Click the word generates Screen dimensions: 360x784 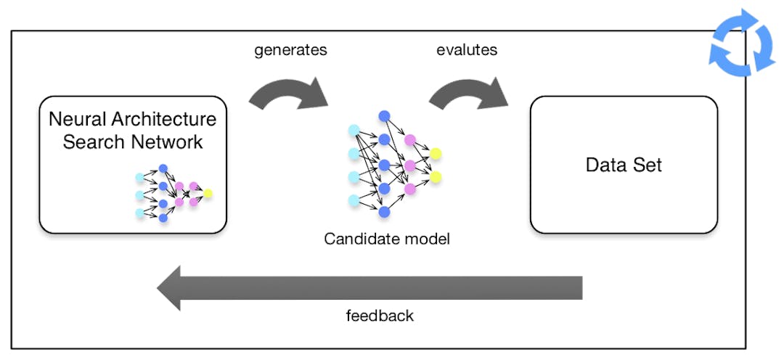(290, 52)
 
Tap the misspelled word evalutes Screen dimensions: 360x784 (467, 52)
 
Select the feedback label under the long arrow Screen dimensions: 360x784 (379, 316)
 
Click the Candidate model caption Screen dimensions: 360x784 (387, 238)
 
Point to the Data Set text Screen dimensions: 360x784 (624, 165)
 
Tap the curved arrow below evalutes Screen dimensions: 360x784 (469, 91)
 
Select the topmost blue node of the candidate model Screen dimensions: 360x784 (384, 116)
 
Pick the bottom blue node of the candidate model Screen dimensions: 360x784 (384, 212)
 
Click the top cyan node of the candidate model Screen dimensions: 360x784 (354, 130)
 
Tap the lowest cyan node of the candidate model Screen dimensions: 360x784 (354, 200)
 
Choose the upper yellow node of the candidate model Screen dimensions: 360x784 (435, 153)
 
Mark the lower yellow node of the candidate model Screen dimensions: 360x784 (435, 177)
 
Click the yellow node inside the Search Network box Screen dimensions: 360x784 (208, 194)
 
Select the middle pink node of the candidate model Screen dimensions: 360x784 (410, 165)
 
